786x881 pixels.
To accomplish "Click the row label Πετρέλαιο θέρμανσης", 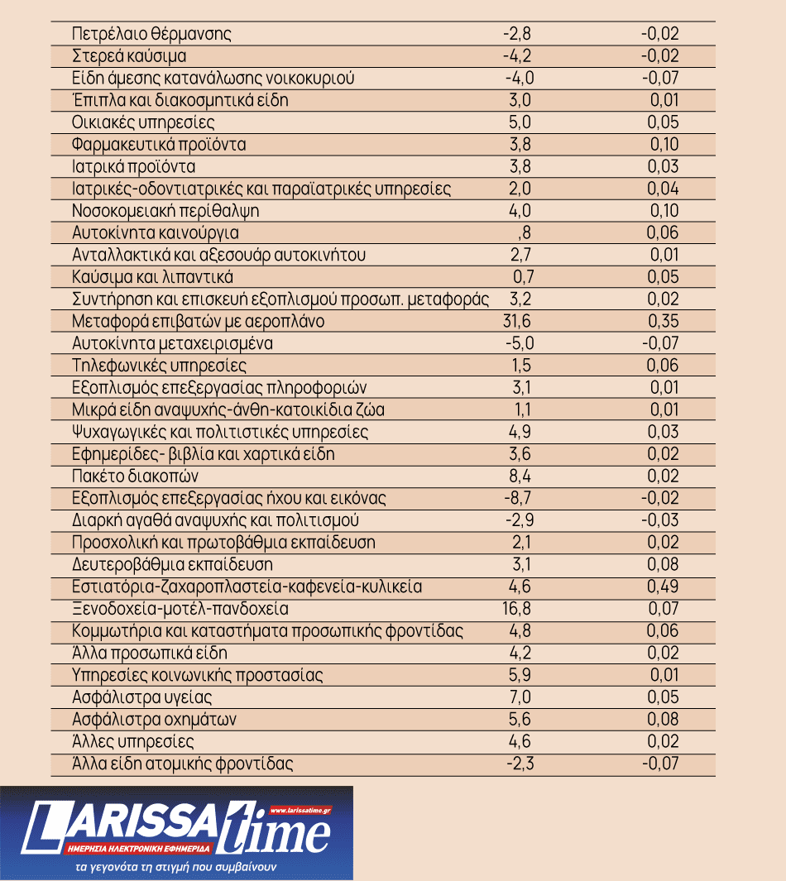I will (x=151, y=35).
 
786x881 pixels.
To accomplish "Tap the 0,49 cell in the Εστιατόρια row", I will (x=664, y=587).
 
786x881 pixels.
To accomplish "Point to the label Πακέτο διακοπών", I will (x=136, y=476).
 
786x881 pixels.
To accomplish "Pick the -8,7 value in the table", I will (x=520, y=498).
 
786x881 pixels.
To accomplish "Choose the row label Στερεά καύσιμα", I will (x=129, y=57).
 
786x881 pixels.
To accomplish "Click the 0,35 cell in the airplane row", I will (x=664, y=321).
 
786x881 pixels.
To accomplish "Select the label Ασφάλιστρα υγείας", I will (x=143, y=697).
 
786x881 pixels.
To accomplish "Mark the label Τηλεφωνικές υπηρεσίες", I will (x=160, y=366).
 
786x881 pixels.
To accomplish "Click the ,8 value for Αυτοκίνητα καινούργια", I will (x=523, y=233).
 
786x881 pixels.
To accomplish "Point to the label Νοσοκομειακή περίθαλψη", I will (x=165, y=211).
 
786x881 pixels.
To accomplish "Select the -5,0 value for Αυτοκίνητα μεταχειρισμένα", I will (x=520, y=343).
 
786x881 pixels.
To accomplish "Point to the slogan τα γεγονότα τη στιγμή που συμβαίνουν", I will (x=175, y=869).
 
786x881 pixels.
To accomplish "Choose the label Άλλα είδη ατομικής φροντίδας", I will (x=183, y=764).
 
